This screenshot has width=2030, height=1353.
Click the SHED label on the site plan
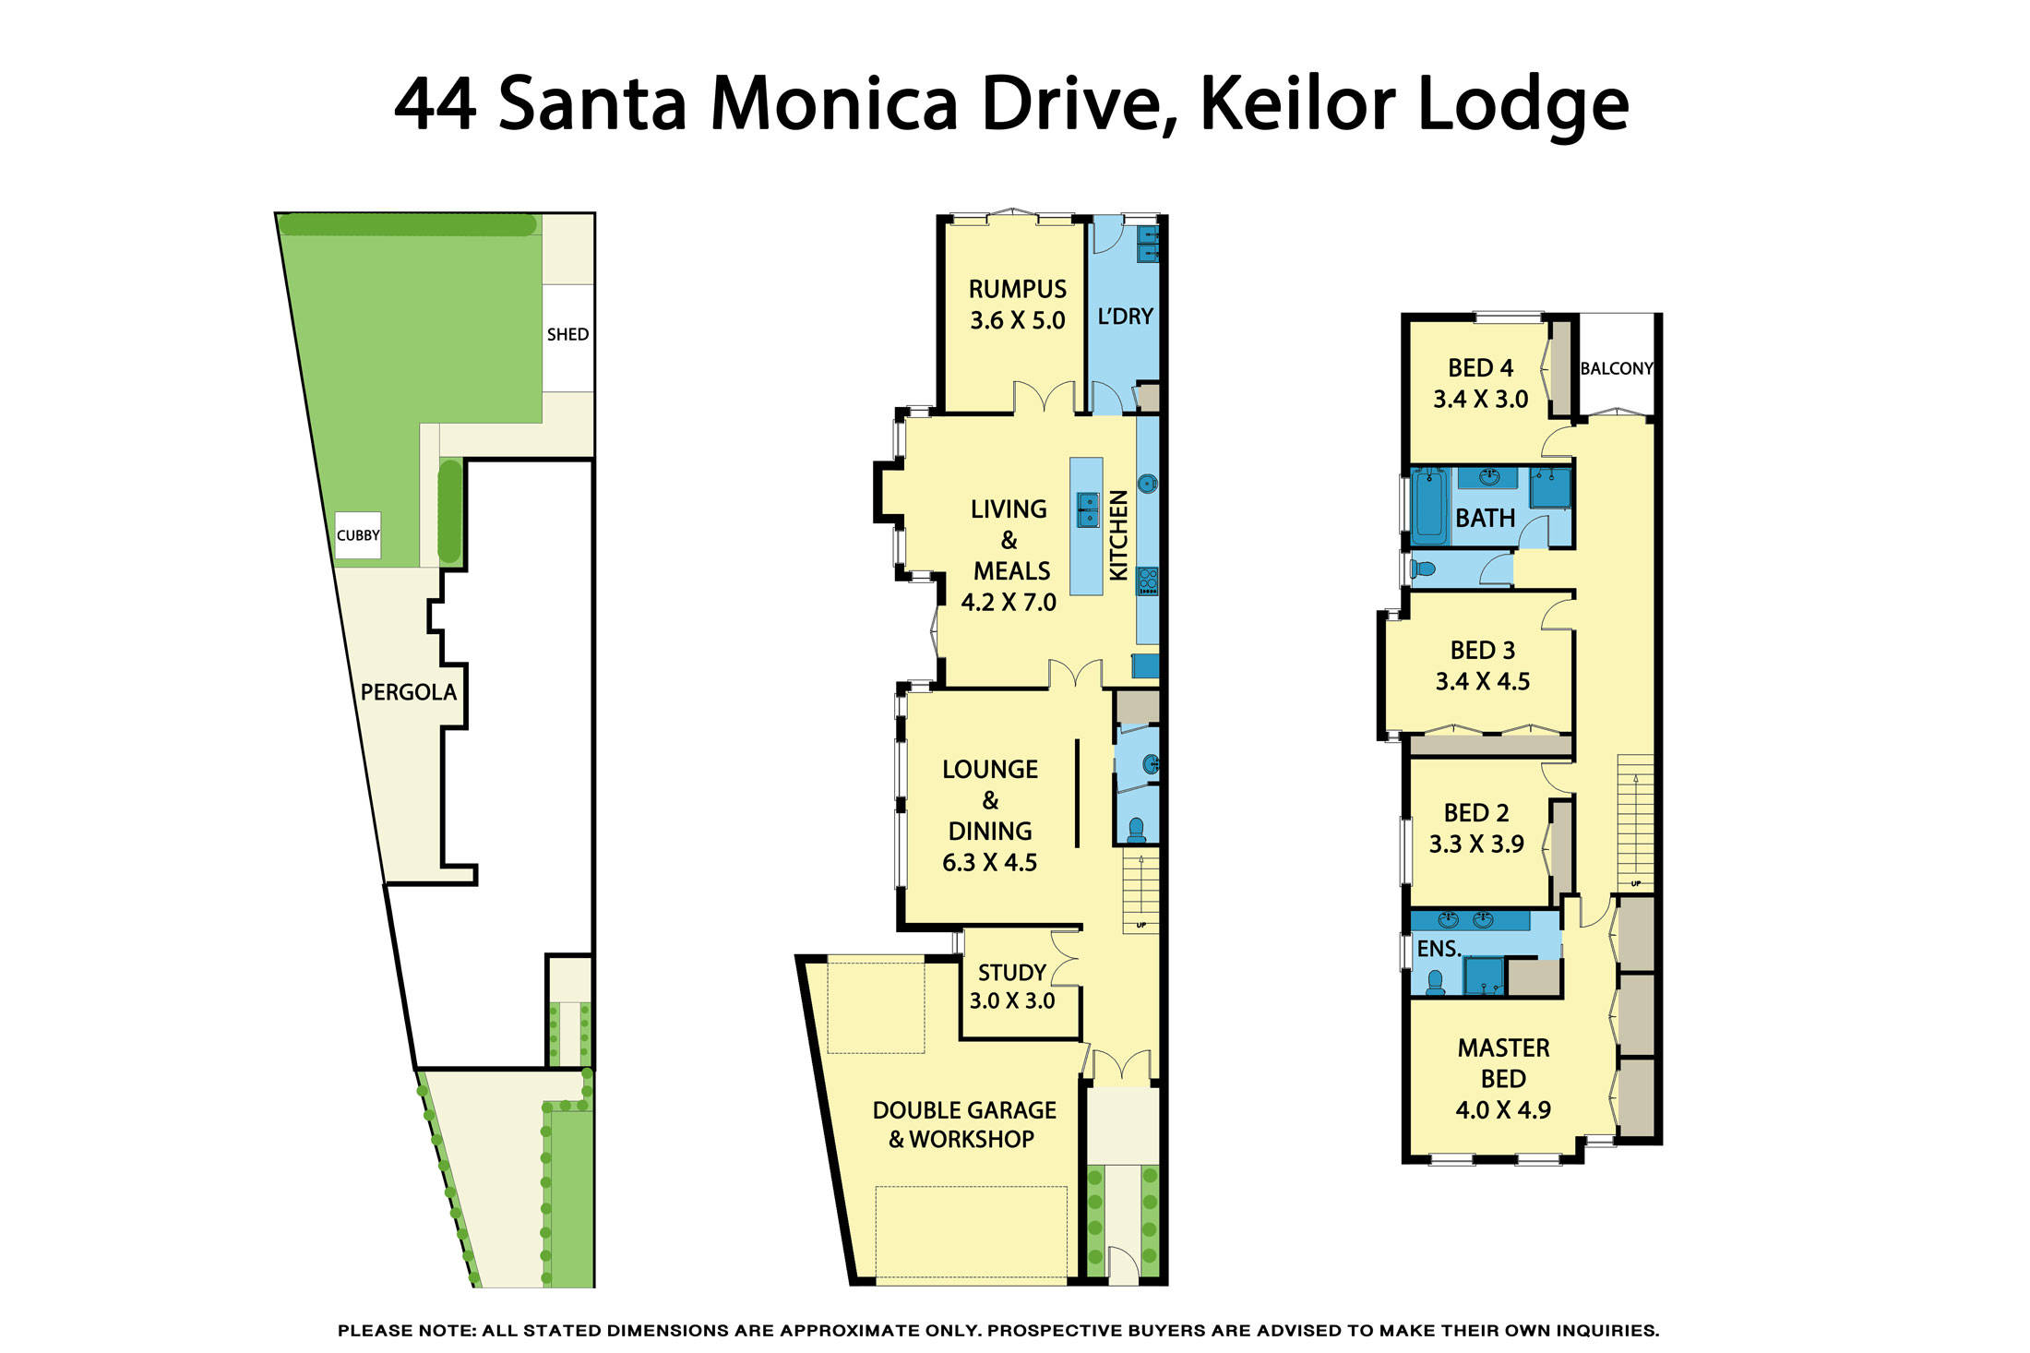coord(567,334)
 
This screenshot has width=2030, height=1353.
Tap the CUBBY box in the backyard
coord(358,535)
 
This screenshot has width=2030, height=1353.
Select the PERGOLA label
coord(408,692)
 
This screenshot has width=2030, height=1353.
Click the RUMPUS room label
coord(1017,289)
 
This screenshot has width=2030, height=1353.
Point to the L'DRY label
coord(1125,317)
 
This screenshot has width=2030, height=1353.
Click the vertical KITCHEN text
coord(1118,535)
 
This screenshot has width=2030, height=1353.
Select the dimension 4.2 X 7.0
coord(1009,603)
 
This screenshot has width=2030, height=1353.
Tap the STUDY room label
coord(1011,973)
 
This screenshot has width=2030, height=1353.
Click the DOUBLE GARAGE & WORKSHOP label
coord(963,1124)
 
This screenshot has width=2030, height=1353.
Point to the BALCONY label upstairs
coord(1616,368)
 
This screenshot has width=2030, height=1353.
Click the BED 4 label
coord(1480,368)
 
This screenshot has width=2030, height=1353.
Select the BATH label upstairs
coord(1485,519)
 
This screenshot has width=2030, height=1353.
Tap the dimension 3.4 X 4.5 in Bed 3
coord(1482,682)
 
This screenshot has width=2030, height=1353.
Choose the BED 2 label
coord(1476,813)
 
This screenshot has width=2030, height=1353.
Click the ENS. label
coord(1439,949)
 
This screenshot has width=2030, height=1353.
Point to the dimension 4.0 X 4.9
coord(1503,1110)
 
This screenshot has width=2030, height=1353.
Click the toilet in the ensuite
coord(1435,982)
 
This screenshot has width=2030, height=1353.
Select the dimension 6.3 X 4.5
coord(989,863)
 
